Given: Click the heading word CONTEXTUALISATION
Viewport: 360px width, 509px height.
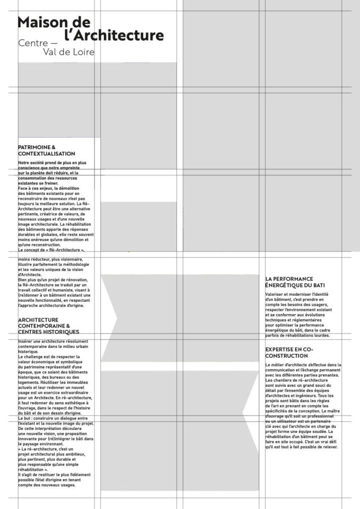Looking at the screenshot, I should coord(46,154).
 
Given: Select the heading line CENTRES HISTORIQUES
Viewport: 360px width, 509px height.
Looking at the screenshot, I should coord(48,332).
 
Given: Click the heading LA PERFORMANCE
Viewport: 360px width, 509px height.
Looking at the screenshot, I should coord(289,279).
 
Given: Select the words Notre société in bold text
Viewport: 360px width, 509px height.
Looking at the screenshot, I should coord(30,163).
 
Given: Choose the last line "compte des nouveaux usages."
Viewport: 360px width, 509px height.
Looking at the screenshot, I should coord(46,485).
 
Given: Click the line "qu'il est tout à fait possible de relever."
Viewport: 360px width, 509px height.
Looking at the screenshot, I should coord(301,447).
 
